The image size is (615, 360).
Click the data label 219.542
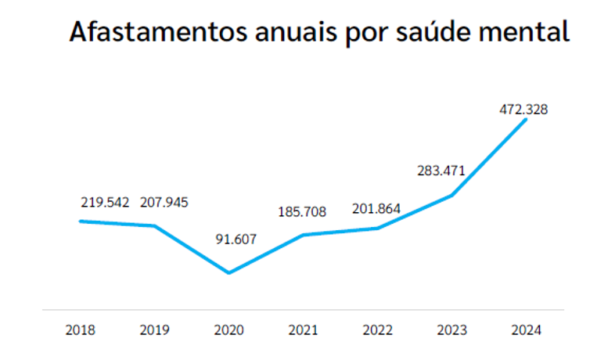[x=105, y=202]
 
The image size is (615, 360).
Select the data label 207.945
[x=164, y=202]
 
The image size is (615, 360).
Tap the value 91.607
[x=236, y=239]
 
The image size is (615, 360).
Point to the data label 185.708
[x=302, y=211]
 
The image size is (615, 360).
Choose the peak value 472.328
[x=523, y=110]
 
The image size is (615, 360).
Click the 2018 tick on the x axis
[x=81, y=330]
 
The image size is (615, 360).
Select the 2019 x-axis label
[x=155, y=330]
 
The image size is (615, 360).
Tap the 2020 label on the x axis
[x=228, y=330]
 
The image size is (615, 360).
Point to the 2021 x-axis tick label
[x=303, y=330]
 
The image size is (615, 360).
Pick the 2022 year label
[x=377, y=330]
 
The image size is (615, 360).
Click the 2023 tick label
[x=451, y=330]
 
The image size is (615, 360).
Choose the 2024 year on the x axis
[x=524, y=330]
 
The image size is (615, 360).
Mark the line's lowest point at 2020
[x=228, y=273]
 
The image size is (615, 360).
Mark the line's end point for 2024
[x=525, y=120]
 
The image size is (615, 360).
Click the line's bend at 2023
[x=451, y=195]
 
